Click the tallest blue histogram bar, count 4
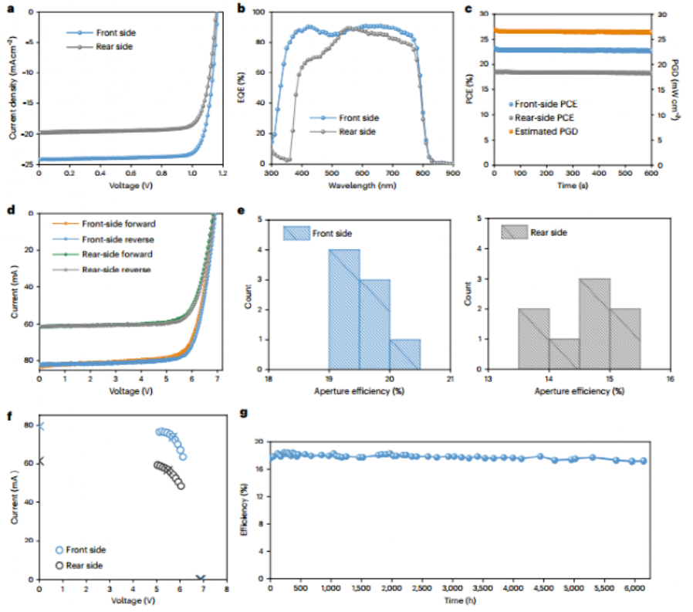[344, 309]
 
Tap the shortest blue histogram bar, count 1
[405, 354]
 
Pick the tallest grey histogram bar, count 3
[594, 324]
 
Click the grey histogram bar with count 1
[564, 354]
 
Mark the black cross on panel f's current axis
[40, 462]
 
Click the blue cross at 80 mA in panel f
[40, 426]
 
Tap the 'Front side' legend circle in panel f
[60, 550]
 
